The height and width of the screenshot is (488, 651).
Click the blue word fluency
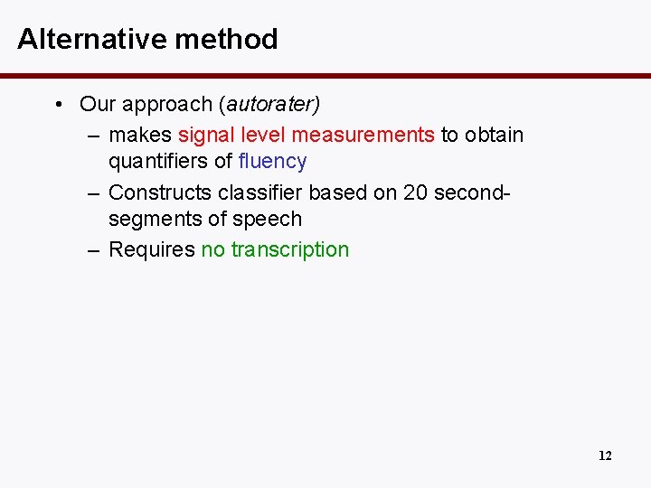(x=272, y=161)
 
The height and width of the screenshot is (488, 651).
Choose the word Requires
(x=151, y=249)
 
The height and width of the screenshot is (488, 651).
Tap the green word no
(x=212, y=249)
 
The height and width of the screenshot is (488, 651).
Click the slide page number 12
(x=605, y=455)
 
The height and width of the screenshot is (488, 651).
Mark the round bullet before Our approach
(x=58, y=105)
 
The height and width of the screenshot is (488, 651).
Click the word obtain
(x=495, y=135)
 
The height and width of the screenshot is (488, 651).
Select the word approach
(x=167, y=105)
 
